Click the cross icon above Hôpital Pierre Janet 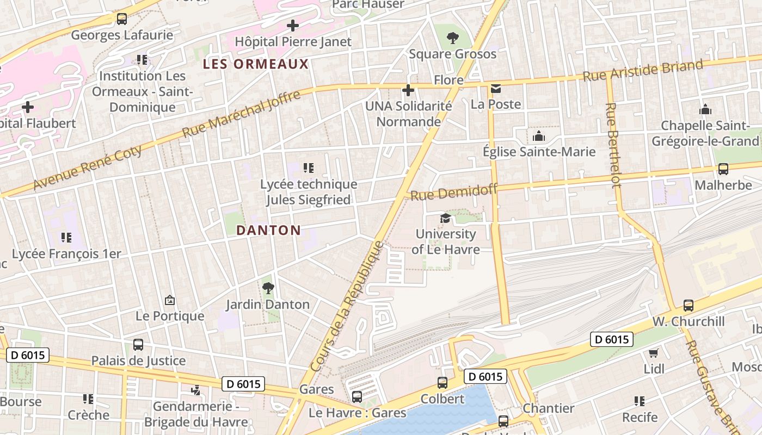point(293,26)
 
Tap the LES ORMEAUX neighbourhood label point(255,64)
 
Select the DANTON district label point(268,230)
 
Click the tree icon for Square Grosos point(452,38)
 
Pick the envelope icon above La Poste point(495,89)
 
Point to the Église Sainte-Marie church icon point(539,136)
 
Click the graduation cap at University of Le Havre point(445,219)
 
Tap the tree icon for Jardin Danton point(267,288)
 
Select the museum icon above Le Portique point(170,300)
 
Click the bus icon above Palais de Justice point(138,345)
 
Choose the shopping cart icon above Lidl point(654,353)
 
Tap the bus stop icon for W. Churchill point(689,306)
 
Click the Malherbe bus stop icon point(723,169)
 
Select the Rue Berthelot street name point(613,145)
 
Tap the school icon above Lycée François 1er point(66,238)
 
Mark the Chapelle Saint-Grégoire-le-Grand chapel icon point(705,110)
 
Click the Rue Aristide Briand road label point(643,71)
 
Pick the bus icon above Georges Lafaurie point(122,20)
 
